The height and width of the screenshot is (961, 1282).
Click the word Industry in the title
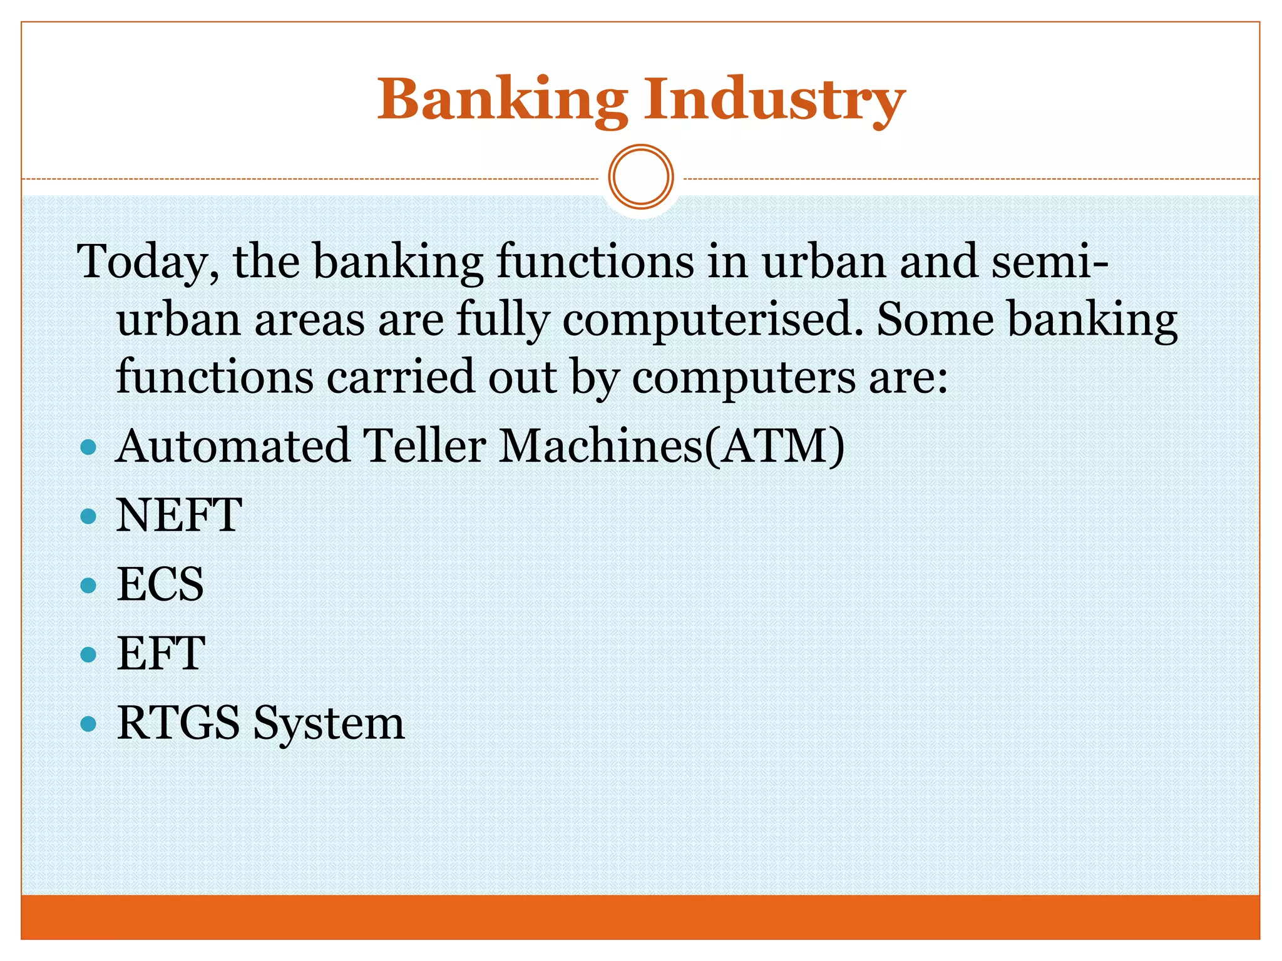point(775,100)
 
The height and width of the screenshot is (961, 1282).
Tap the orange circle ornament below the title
point(641,177)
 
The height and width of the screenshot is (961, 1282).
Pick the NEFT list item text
point(179,516)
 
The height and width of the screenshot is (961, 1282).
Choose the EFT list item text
point(161,654)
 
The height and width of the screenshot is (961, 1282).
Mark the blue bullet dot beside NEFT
point(89,517)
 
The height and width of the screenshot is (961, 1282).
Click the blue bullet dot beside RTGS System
point(89,725)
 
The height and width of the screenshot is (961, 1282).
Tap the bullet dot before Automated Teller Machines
point(89,447)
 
